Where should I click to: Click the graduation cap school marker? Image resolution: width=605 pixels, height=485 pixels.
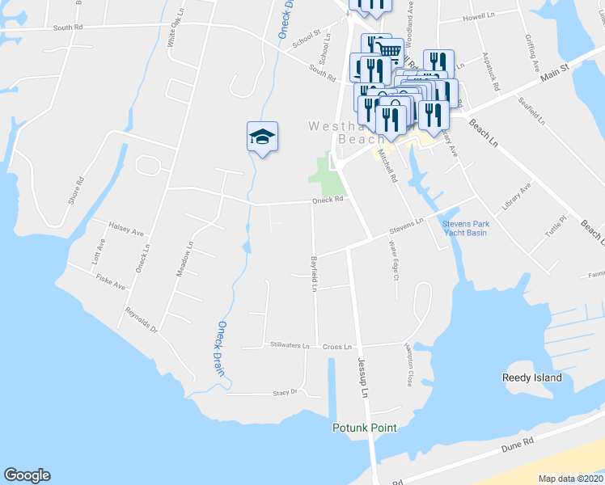pos(262,135)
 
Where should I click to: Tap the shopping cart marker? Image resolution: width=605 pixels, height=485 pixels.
pos(390,52)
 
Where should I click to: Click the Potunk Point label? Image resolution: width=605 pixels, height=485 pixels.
pos(365,427)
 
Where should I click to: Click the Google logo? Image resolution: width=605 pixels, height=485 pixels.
pos(27,475)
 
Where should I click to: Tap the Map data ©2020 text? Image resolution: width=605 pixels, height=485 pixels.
pos(569,479)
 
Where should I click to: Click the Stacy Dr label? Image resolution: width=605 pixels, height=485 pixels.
pos(285,392)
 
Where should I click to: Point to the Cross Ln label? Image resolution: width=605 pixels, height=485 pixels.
pos(337,346)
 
